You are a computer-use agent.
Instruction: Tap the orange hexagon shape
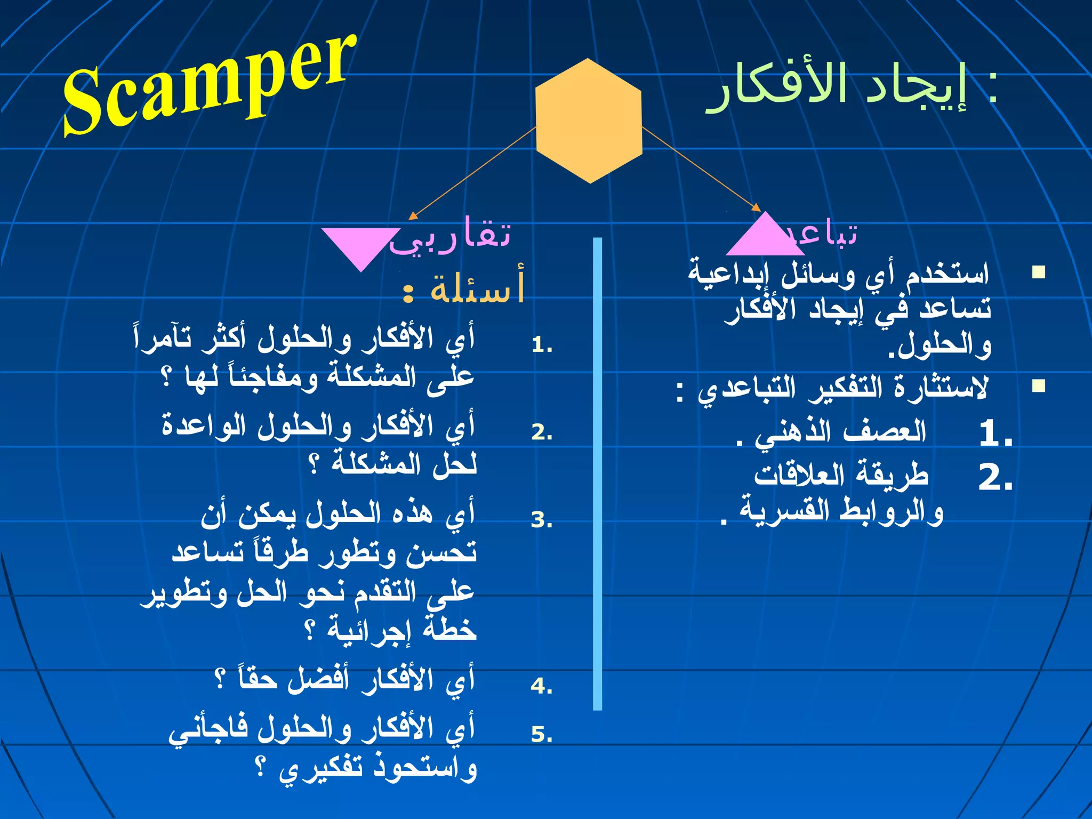coord(589,121)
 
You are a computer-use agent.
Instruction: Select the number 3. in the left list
coord(542,519)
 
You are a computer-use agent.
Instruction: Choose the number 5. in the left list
coord(542,734)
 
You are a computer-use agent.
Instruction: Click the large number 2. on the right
coord(995,477)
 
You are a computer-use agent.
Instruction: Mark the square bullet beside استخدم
coord(1038,272)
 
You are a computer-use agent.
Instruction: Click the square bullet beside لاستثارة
coord(1038,386)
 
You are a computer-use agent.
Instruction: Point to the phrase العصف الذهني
coord(840,432)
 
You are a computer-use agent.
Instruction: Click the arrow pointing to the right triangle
coord(702,168)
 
